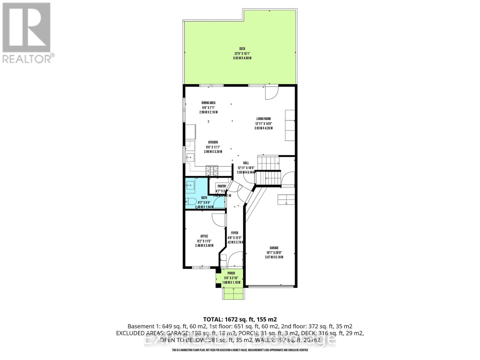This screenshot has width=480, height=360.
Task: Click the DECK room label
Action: click(242, 49)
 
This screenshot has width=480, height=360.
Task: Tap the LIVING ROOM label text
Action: click(263, 118)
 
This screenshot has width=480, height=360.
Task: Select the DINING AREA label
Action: click(208, 103)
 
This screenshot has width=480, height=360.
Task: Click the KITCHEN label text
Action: click(213, 142)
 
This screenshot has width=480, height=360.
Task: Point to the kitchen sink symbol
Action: click(190, 157)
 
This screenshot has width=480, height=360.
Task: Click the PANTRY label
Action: click(222, 186)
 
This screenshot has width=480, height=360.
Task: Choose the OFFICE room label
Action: click(204, 236)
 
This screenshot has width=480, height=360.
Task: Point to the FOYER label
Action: click(235, 233)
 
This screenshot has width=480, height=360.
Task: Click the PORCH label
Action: click(231, 273)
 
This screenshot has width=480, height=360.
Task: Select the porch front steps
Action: click(233, 293)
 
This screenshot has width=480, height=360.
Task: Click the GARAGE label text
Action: click(274, 248)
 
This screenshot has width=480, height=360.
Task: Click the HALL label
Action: click(246, 163)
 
